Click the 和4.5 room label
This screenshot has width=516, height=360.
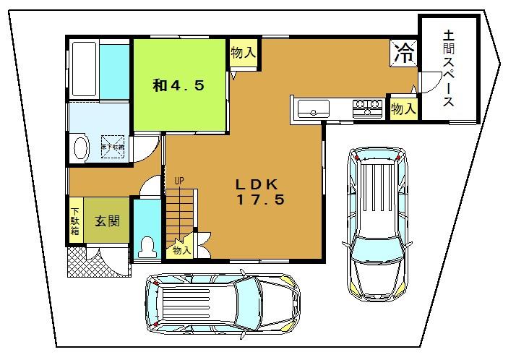click(179, 85)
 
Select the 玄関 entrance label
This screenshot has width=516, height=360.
click(107, 221)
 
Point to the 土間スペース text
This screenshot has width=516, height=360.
click(449, 69)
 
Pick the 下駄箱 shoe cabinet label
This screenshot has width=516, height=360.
click(75, 220)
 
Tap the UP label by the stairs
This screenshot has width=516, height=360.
click(179, 180)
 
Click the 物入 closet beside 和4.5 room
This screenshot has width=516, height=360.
click(243, 53)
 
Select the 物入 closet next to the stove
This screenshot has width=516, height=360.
click(403, 108)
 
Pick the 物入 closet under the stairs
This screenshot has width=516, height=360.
click(181, 250)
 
